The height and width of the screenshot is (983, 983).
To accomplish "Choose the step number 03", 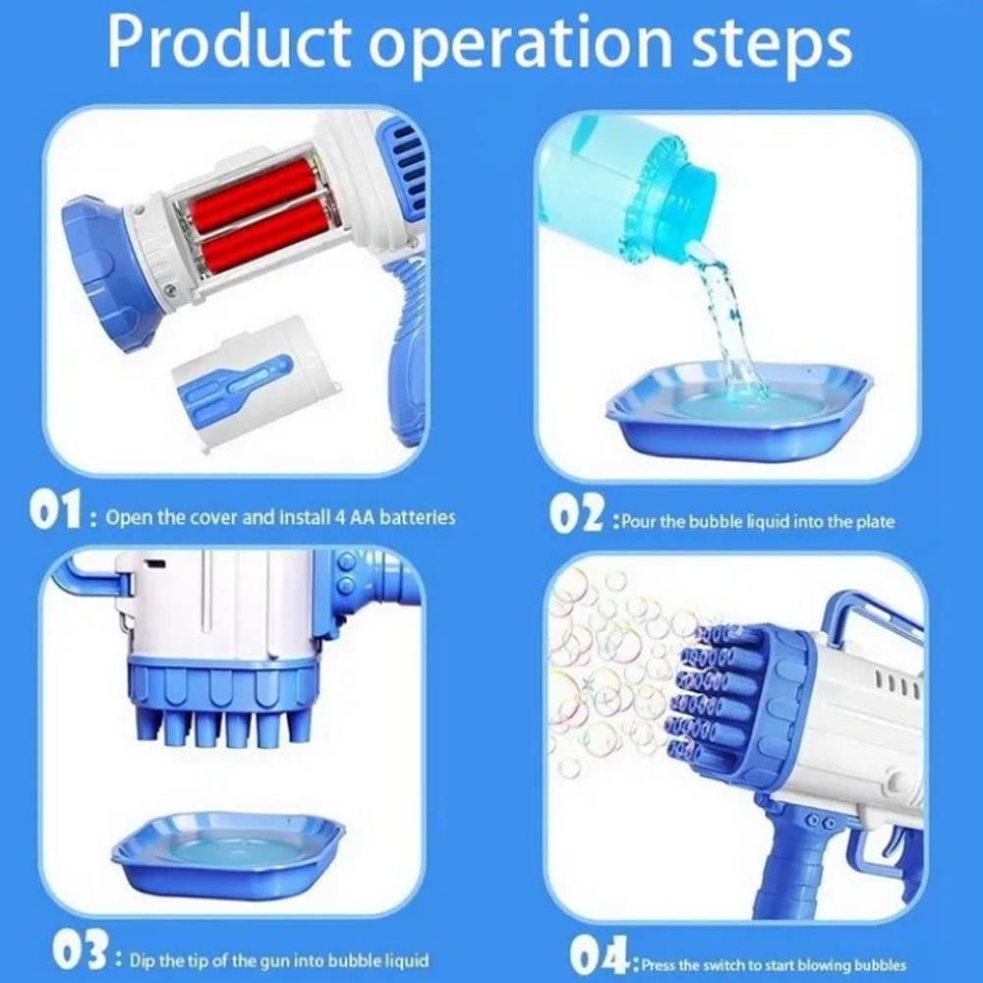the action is click(x=81, y=951).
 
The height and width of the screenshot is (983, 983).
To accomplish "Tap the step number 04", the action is click(x=600, y=954).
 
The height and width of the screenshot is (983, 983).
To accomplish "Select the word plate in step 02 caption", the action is click(x=876, y=521).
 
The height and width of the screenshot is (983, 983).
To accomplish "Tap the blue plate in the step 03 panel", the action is click(x=229, y=856).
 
